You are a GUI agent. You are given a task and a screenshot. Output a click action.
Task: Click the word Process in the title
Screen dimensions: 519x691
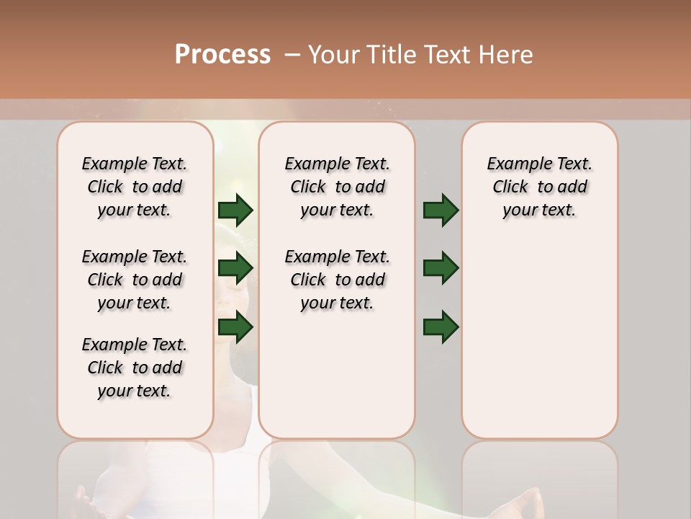coord(222,55)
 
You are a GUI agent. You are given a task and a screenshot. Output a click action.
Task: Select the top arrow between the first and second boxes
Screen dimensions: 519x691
coord(235,210)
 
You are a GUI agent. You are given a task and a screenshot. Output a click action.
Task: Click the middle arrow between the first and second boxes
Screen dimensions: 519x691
coord(235,268)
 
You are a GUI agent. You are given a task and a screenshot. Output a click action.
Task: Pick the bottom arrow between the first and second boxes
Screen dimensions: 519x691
coord(235,327)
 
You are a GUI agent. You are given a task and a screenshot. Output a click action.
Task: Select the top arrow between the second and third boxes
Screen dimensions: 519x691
coord(441,210)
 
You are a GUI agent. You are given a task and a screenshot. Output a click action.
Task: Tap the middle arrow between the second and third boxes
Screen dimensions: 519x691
coord(441,268)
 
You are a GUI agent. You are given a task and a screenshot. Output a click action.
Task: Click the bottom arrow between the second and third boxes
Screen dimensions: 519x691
coord(441,327)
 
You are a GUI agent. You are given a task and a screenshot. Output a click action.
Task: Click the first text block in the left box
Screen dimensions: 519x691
coord(135,187)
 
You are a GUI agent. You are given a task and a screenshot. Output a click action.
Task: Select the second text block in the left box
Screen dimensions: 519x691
coord(135,280)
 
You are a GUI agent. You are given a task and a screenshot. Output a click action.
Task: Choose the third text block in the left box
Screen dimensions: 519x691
coord(135,368)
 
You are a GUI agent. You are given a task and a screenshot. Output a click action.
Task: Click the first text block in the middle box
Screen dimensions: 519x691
coord(337,187)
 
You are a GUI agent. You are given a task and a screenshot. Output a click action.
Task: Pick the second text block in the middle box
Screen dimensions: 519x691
coord(337,280)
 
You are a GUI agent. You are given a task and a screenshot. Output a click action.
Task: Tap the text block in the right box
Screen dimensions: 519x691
coord(540,187)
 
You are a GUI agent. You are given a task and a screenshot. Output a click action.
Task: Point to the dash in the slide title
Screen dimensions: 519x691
coord(292,55)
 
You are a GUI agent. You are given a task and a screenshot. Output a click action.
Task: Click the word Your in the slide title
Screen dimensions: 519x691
coord(334,55)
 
